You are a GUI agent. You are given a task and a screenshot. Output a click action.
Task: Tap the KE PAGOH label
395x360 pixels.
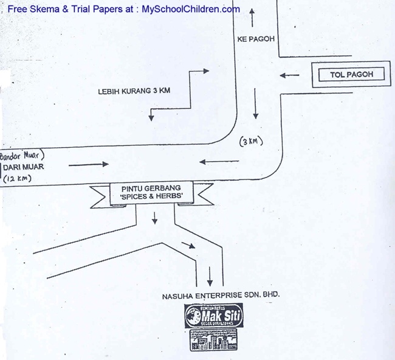coord(256,38)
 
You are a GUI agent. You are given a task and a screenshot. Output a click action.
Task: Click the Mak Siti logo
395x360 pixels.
coord(213,316)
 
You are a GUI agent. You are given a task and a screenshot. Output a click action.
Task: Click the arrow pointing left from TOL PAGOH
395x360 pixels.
coord(290,75)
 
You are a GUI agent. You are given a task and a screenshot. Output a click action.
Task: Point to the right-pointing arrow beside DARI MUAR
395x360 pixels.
coord(89,164)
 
